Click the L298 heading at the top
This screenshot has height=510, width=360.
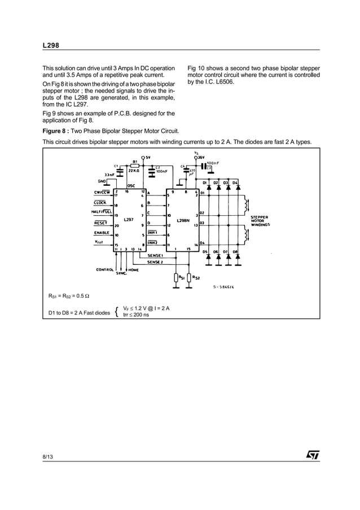(x=51, y=45)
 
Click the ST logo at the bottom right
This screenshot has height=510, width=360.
(x=313, y=454)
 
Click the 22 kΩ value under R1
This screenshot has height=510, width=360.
(x=134, y=170)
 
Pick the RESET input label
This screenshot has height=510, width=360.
(x=101, y=223)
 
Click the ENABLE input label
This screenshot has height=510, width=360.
(x=102, y=233)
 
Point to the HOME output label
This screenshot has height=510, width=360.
(x=134, y=269)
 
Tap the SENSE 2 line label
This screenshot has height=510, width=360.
(x=155, y=262)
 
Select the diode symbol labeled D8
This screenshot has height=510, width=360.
(x=238, y=257)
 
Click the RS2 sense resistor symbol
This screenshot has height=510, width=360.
(x=188, y=277)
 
